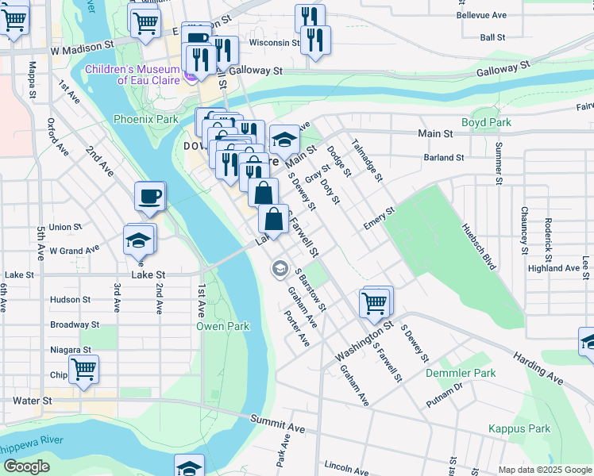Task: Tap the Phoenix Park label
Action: click(145, 119)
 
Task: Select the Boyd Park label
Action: click(486, 123)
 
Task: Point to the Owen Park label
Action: click(223, 326)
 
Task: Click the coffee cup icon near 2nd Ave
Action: click(149, 198)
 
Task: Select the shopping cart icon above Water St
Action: click(83, 368)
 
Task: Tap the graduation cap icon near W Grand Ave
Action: click(139, 240)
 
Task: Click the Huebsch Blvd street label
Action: click(479, 246)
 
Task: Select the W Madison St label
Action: click(83, 49)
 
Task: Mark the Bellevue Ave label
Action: click(482, 15)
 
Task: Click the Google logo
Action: click(27, 467)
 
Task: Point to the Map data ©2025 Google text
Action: click(544, 470)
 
